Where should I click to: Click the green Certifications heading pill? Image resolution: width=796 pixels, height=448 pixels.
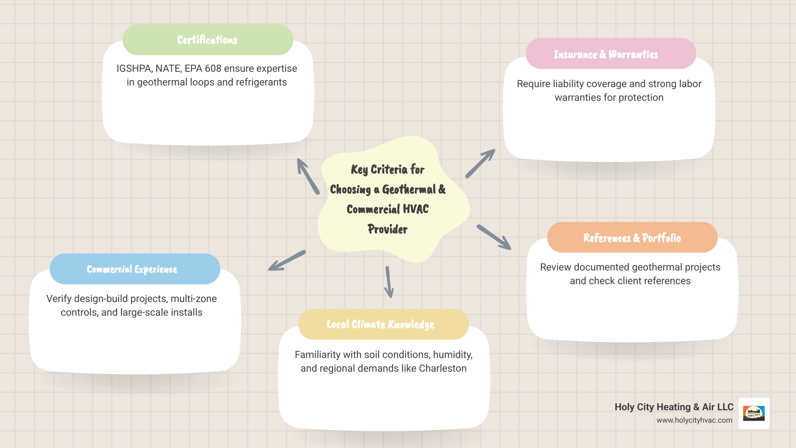coord(207,40)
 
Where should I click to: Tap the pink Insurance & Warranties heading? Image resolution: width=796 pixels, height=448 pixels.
coord(606,54)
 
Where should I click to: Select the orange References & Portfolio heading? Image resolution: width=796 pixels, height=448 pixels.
coord(632,238)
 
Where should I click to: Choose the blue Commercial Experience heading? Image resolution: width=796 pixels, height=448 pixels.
coord(132,269)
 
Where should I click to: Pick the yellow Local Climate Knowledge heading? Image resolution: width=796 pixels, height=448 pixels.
coord(380,324)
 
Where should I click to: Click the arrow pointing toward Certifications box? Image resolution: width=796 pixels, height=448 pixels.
coord(308,176)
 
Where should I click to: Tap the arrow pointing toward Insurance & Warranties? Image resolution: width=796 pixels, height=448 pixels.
coord(480,163)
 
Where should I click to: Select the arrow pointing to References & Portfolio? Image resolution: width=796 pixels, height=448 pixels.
coord(494,237)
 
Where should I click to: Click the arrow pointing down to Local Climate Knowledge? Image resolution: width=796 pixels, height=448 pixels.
coord(389,282)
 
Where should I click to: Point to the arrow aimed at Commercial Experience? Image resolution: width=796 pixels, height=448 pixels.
coord(287,261)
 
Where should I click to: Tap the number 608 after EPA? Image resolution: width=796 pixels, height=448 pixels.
coord(213,68)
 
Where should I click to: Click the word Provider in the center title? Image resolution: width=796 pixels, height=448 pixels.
coord(388,229)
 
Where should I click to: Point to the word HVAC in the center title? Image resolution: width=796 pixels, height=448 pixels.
coord(415,209)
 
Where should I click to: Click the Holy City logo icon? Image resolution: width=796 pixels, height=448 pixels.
coord(754,413)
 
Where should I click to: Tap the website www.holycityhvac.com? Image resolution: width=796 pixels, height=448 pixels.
coord(694,420)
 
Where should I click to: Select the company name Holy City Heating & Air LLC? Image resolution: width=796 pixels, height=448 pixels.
coord(674,407)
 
